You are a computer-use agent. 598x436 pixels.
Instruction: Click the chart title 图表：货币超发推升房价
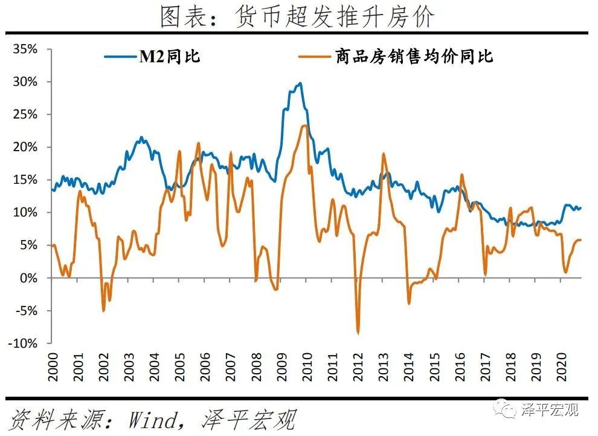[297, 17]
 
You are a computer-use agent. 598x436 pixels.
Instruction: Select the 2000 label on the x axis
[53, 368]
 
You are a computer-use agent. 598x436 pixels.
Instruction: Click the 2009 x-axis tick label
[280, 368]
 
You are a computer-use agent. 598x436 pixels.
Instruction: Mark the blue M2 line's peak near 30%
[300, 83]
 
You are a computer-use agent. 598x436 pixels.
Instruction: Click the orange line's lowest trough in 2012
[358, 333]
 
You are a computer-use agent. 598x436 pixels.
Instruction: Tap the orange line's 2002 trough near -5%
[103, 311]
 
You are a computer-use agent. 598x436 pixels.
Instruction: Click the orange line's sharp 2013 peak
[383, 154]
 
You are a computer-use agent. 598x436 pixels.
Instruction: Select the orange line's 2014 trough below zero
[409, 303]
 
